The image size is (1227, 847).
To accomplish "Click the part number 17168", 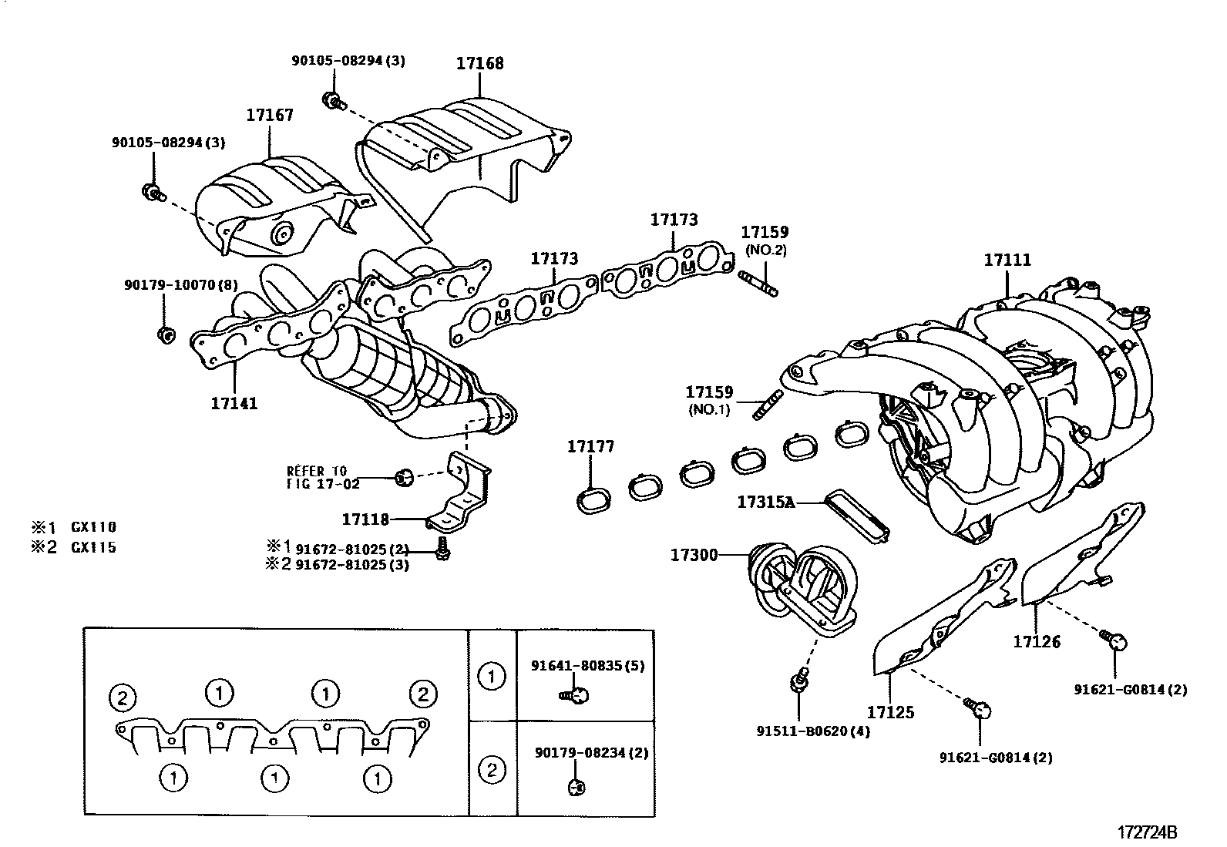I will pyautogui.click(x=479, y=63).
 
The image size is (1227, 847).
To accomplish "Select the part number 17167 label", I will pyautogui.click(x=270, y=116).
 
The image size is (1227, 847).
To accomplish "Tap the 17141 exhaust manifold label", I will pyautogui.click(x=234, y=403).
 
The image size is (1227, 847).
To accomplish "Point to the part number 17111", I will pyautogui.click(x=1007, y=260).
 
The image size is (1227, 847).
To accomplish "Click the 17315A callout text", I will pyautogui.click(x=765, y=502).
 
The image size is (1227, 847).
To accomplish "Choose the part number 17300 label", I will pyautogui.click(x=694, y=554).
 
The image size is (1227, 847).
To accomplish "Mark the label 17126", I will pyautogui.click(x=1037, y=641).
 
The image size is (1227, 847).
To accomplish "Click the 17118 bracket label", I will pyautogui.click(x=366, y=519).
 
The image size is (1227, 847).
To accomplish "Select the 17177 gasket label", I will pyautogui.click(x=590, y=446).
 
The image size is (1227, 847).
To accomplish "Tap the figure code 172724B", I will pyautogui.click(x=1148, y=832).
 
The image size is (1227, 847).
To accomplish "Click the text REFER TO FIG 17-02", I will pyautogui.click(x=317, y=477).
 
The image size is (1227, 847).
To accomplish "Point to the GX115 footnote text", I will pyautogui.click(x=93, y=548).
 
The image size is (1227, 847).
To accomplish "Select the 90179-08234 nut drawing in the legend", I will pyautogui.click(x=574, y=786).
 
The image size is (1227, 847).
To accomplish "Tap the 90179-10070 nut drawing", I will pyautogui.click(x=164, y=334).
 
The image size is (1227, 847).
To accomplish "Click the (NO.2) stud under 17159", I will pyautogui.click(x=758, y=282).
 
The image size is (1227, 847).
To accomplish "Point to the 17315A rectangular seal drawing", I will pyautogui.click(x=857, y=515).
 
